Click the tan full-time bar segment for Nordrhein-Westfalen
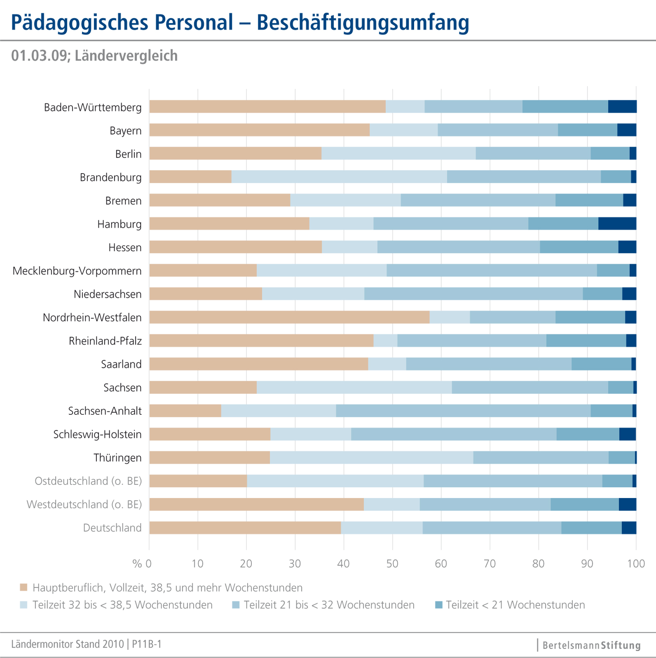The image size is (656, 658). [289, 317]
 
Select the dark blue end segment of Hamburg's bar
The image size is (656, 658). [617, 224]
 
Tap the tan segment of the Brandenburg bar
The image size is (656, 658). [190, 177]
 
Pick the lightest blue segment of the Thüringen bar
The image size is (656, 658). [371, 457]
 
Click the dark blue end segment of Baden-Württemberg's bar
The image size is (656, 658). [622, 106]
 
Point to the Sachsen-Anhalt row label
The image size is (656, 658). [105, 411]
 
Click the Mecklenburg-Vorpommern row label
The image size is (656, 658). [77, 271]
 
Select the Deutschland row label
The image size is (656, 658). [112, 528]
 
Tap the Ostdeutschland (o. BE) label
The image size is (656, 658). [88, 481]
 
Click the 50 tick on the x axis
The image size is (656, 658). [392, 564]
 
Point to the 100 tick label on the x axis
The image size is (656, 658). [636, 564]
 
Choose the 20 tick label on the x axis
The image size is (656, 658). [246, 564]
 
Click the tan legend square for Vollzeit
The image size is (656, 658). [24, 587]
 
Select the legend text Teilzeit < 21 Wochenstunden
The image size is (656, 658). [515, 605]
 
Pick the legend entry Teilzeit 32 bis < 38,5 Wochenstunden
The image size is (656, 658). [122, 605]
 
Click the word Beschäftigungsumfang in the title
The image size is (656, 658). [362, 22]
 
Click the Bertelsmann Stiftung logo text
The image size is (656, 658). [591, 645]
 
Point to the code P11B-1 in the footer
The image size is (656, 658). [147, 644]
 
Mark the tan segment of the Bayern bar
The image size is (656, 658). [259, 130]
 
